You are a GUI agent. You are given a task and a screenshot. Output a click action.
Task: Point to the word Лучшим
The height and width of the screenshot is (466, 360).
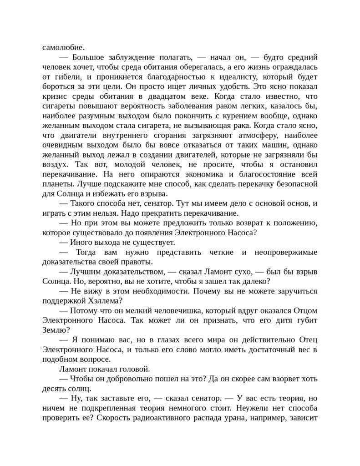coord(86,272)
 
